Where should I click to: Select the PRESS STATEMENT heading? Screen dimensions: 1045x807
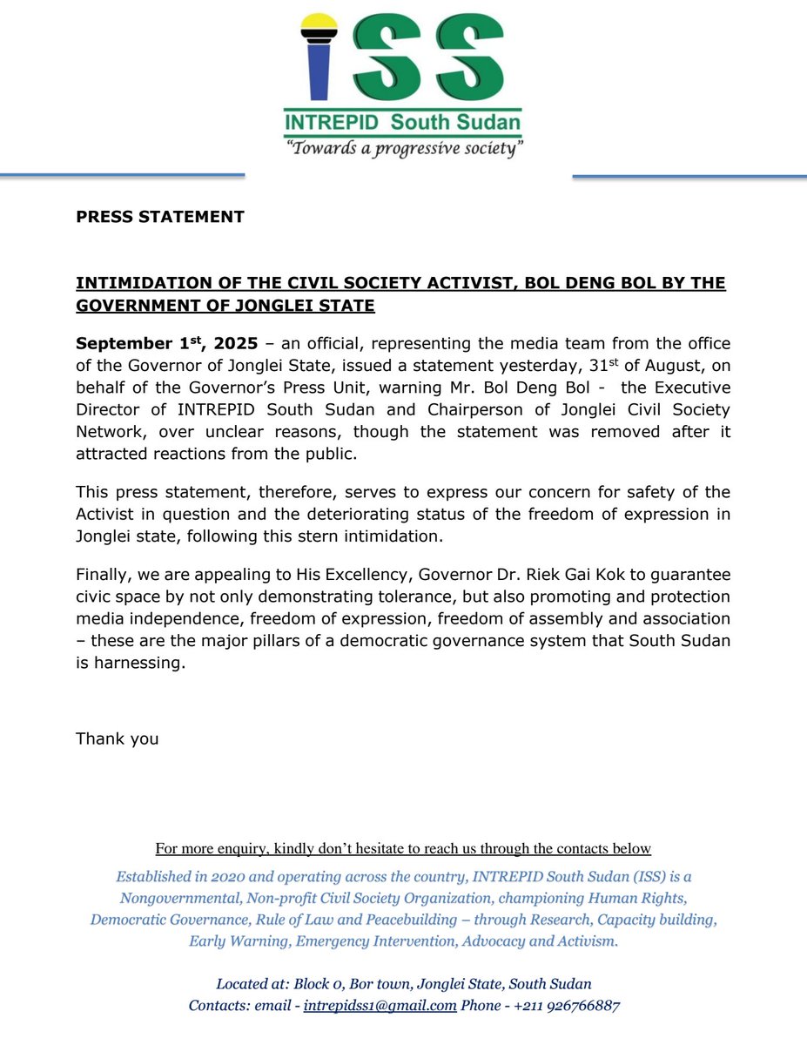point(160,217)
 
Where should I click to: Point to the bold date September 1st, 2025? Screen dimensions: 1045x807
point(166,344)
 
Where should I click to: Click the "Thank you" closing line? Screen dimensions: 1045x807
point(118,738)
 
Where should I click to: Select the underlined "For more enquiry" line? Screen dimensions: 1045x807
point(403,848)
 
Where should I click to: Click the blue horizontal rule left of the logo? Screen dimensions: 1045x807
point(122,176)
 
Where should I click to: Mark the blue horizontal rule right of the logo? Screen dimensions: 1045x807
point(689,177)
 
